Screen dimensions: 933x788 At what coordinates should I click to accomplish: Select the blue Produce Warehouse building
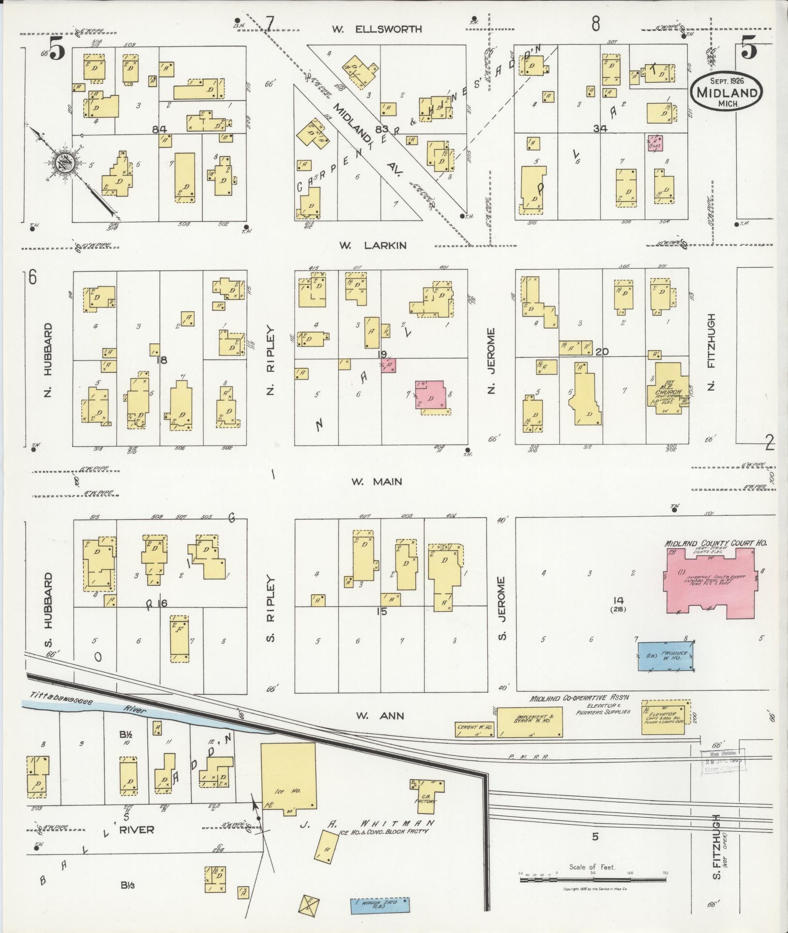click(666, 657)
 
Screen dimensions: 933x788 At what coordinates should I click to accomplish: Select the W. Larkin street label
click(372, 245)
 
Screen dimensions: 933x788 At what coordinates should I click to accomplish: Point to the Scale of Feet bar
click(592, 877)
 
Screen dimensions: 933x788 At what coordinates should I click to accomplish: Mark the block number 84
click(159, 130)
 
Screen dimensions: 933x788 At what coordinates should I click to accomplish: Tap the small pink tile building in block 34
click(656, 143)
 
